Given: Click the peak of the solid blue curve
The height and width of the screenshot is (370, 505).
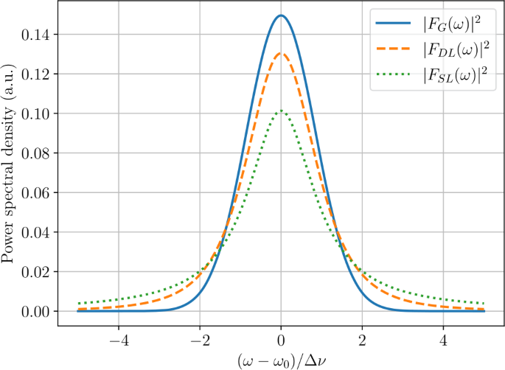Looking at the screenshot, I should (x=282, y=15).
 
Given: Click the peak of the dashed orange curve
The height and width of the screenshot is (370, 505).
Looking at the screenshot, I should (x=282, y=53).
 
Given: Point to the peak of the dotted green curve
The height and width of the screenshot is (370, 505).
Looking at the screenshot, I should (x=282, y=111).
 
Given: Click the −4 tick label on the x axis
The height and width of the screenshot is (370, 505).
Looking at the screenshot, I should (x=119, y=341).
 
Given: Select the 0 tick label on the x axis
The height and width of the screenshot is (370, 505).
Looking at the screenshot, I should (x=282, y=341).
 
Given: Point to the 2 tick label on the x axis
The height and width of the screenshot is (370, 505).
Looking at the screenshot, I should (x=362, y=341).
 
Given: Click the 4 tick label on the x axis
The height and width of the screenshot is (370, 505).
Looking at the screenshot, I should (x=443, y=341).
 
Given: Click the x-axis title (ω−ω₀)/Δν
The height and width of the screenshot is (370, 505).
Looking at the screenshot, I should (x=282, y=360).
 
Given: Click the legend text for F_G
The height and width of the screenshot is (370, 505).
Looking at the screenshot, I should (x=451, y=23).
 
